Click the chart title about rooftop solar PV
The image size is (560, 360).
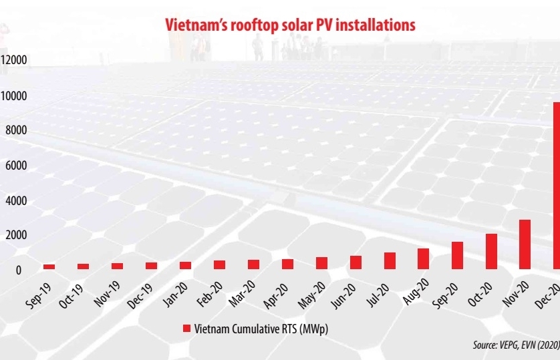pyautogui.click(x=290, y=25)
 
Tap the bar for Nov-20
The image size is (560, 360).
pyautogui.click(x=525, y=244)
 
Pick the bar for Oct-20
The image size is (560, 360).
pyautogui.click(x=491, y=251)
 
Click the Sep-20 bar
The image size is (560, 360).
pyautogui.click(x=457, y=255)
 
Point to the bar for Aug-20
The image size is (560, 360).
pyautogui.click(x=423, y=258)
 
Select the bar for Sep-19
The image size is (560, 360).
pyautogui.click(x=49, y=266)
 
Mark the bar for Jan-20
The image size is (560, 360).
pyautogui.click(x=185, y=265)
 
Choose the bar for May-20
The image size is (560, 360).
pyautogui.click(x=321, y=262)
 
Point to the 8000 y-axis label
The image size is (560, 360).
pyautogui.click(x=15, y=130)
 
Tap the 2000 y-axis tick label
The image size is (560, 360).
pyautogui.click(x=15, y=234)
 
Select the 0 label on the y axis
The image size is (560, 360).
pyautogui.click(x=19, y=270)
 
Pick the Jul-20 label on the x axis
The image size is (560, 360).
pyautogui.click(x=381, y=293)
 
